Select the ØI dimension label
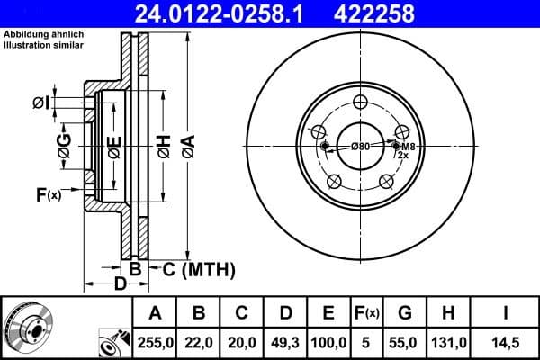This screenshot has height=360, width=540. click(x=40, y=103)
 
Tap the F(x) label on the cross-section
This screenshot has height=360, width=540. click(x=48, y=194)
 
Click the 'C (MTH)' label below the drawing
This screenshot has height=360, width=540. click(x=199, y=268)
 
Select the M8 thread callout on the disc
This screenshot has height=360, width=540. click(x=408, y=146)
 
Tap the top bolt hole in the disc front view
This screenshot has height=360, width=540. click(x=360, y=102)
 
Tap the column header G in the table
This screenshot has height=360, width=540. click(x=404, y=313)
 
